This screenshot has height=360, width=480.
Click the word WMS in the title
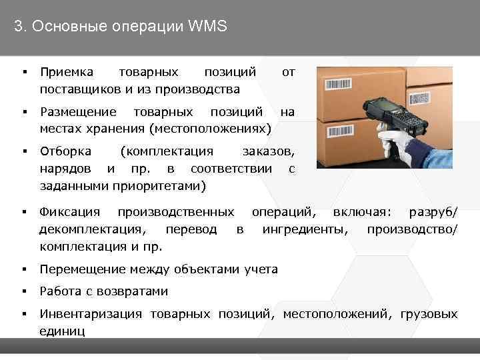[x=209, y=27]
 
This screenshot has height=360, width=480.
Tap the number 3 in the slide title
[x=18, y=27]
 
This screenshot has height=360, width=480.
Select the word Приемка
[x=67, y=71]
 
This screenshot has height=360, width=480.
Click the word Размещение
[x=78, y=111]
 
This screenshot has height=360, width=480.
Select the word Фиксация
[x=69, y=213]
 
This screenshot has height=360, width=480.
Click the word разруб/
[x=433, y=213]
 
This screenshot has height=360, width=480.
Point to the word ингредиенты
[x=305, y=230]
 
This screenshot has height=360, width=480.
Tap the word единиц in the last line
[x=62, y=331]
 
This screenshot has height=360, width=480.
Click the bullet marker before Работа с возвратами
[x=23, y=291]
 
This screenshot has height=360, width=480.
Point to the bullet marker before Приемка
[x=23, y=71]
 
